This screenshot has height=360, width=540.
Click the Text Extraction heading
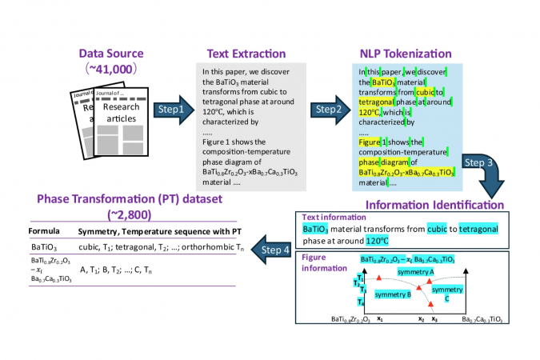(246, 54)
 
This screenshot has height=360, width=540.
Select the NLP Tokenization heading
(404, 54)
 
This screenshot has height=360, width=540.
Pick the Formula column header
(44, 232)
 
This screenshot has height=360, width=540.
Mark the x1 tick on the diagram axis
(380, 318)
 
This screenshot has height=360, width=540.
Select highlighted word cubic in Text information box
(439, 229)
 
